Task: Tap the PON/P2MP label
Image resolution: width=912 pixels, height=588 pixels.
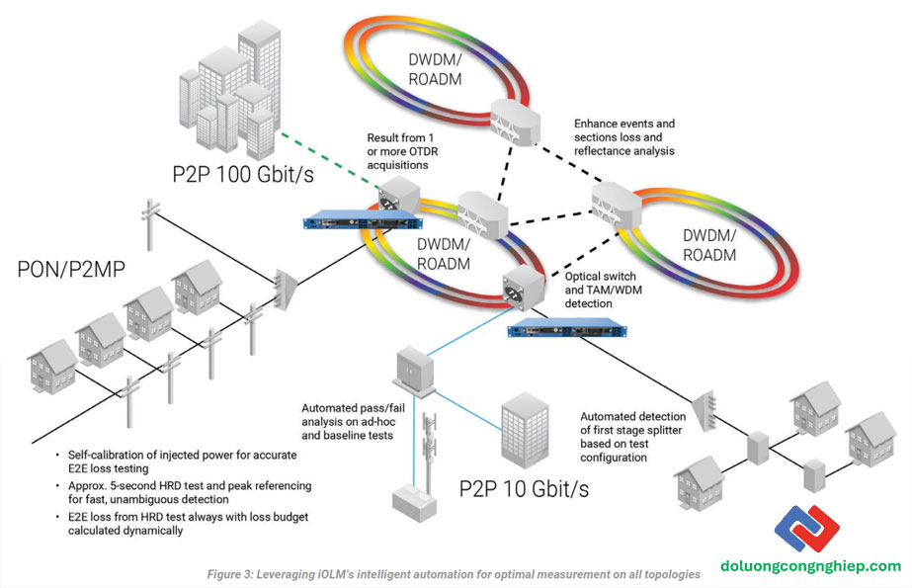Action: (77, 269)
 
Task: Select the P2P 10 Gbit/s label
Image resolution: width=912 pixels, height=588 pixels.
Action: (523, 489)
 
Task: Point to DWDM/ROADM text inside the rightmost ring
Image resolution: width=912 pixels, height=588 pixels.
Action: (709, 245)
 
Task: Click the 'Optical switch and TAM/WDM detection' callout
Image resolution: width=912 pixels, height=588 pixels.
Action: (600, 291)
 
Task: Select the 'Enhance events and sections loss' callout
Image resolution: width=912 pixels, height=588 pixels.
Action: (624, 137)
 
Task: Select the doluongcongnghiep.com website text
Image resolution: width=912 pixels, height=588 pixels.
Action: (825, 566)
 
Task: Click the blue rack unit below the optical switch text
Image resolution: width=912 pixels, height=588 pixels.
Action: (568, 330)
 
